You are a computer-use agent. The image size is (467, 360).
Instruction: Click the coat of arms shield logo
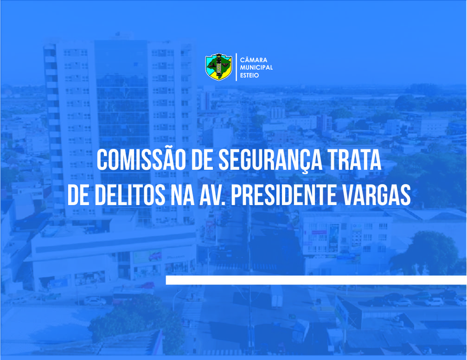click(x=218, y=67)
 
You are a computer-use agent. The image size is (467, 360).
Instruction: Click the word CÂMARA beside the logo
click(x=254, y=59)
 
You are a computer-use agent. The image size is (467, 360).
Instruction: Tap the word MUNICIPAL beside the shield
click(x=256, y=67)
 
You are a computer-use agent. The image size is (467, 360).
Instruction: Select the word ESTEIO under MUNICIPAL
click(x=249, y=75)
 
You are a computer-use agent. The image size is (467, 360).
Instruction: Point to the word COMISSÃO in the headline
click(x=141, y=160)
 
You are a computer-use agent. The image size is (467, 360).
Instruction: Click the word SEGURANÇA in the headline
click(x=270, y=161)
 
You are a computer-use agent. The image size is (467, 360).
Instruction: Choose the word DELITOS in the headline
click(x=130, y=195)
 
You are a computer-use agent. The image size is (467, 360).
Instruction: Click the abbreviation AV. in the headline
click(x=212, y=195)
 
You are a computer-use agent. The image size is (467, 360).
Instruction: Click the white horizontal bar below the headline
click(x=316, y=280)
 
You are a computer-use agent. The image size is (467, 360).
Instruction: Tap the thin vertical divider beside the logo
click(x=236, y=67)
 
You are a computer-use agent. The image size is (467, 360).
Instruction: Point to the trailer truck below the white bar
click(x=277, y=297)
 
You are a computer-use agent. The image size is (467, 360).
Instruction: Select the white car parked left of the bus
click(x=95, y=301)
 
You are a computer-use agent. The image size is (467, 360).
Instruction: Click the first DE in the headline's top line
click(x=202, y=160)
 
